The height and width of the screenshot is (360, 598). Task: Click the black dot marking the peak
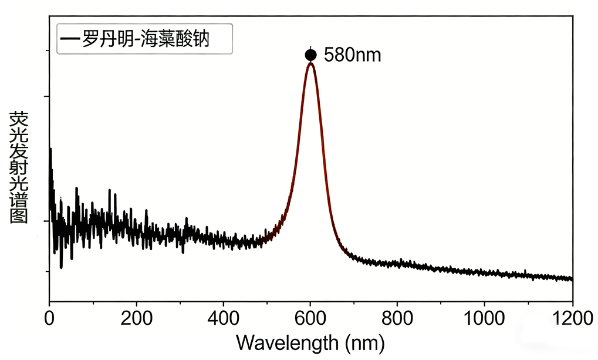tap(310, 55)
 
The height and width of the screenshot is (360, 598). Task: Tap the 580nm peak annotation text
tap(352, 56)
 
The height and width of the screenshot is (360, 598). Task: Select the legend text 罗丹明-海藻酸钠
tap(146, 39)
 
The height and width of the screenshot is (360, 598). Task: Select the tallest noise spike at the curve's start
tap(50, 150)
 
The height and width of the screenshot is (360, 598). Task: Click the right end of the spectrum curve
tap(571, 278)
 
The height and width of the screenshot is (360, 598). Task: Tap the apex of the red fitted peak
tap(310, 63)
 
